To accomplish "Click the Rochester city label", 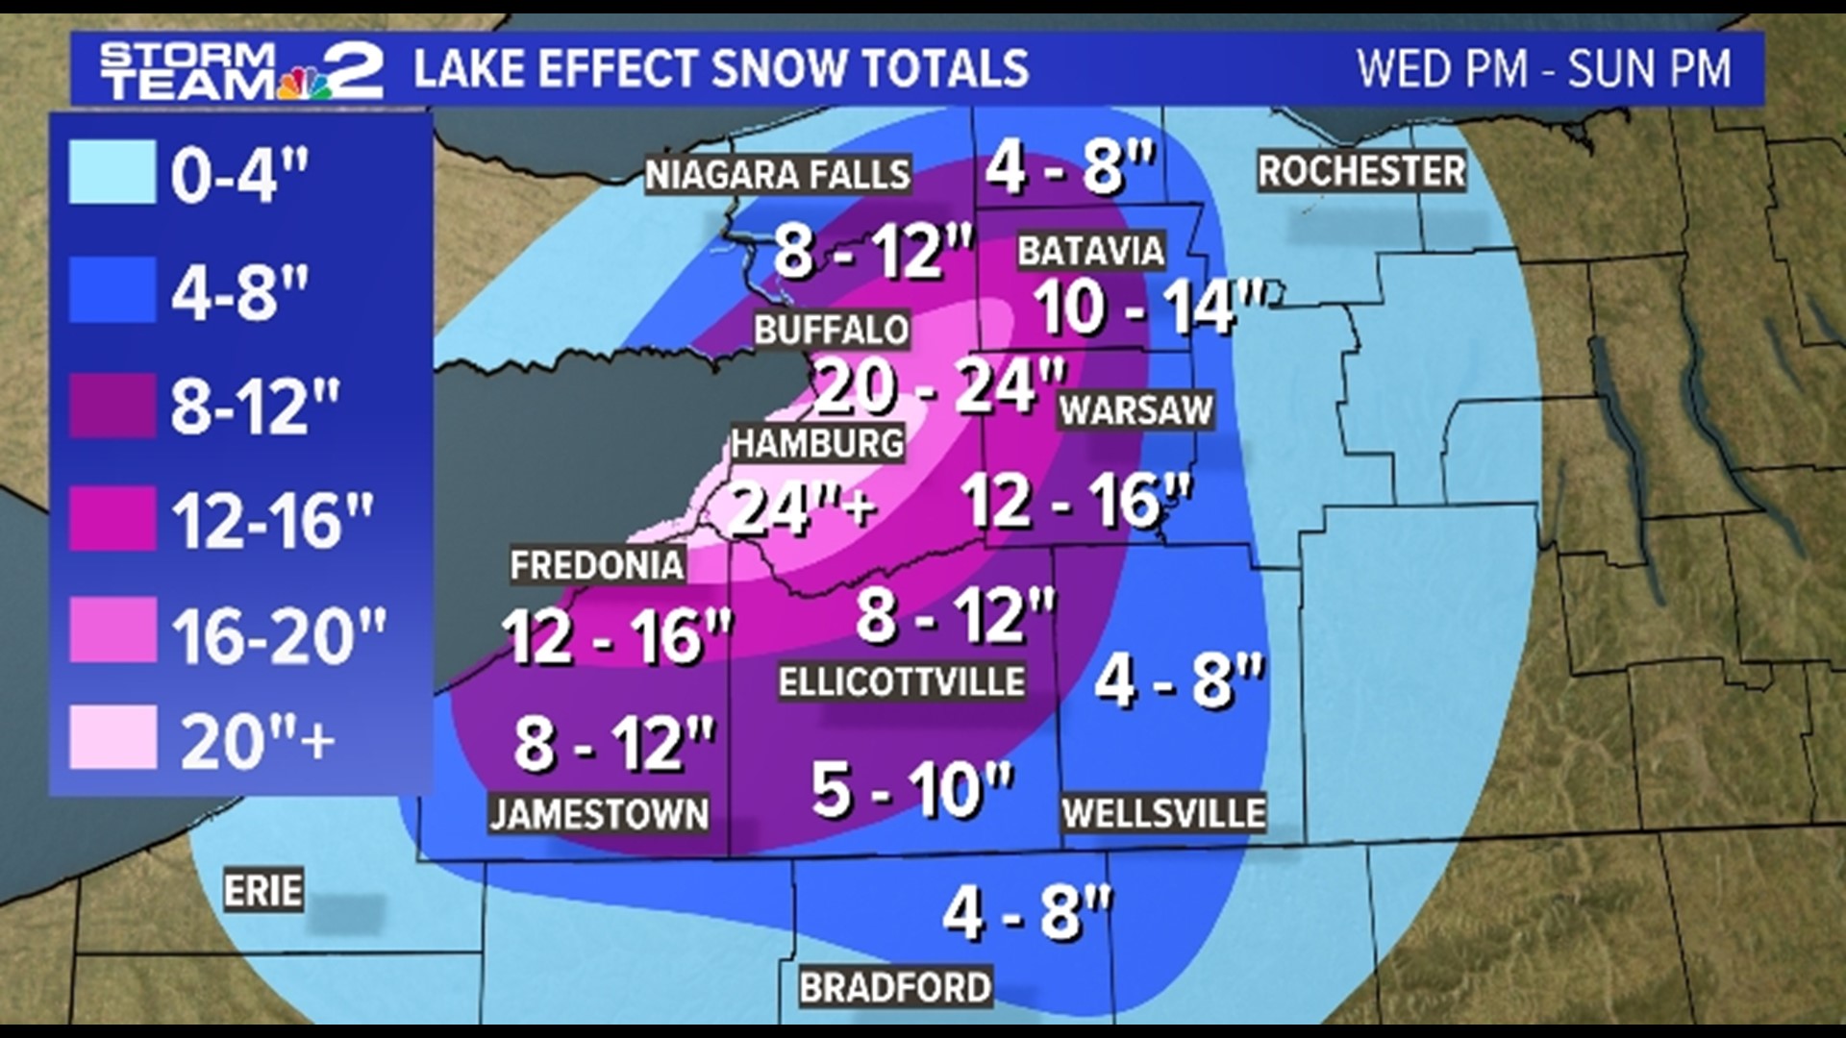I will pos(1360,172).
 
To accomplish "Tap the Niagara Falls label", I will pos(777,175).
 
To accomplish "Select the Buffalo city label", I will pos(831,330).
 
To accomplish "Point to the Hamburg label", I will pos(817,444).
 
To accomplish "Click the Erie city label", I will pos(262,891).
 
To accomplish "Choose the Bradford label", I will pos(895,987).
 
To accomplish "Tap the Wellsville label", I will pos(1163,813).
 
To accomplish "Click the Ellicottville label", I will pos(901,682).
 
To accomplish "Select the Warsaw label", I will pos(1135,410).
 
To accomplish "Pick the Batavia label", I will pos(1090,252).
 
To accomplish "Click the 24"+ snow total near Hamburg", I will pos(803,507).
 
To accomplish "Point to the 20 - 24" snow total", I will pos(939,386).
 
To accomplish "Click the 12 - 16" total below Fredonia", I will pos(615,636).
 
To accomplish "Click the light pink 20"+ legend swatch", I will pos(112,737).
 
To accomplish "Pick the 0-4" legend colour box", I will pos(112,172).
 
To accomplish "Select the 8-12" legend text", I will pos(255,407).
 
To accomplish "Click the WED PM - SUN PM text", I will pos(1543,69).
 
